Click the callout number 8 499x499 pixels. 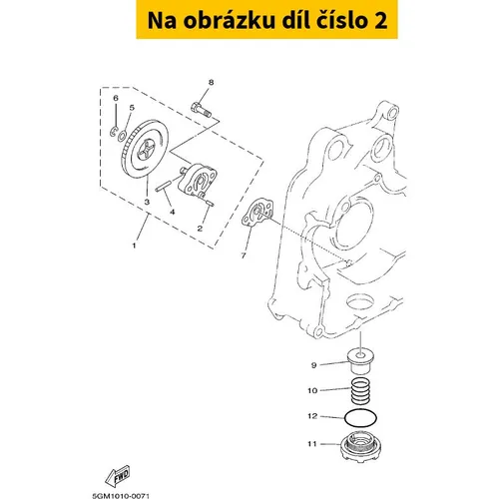point(211,82)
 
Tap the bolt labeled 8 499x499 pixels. point(201,109)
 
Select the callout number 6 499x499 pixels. point(116,98)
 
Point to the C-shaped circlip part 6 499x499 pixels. point(114,131)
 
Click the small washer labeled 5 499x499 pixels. point(122,135)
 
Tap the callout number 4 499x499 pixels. point(173,212)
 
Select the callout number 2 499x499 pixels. point(200,229)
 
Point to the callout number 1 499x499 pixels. point(134,246)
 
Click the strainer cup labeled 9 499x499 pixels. point(360,361)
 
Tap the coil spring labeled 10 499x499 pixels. point(360,392)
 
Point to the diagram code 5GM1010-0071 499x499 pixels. point(121,496)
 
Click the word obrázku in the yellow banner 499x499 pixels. point(230,20)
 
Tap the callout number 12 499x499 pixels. point(312,416)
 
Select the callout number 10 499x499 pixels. point(312,390)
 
